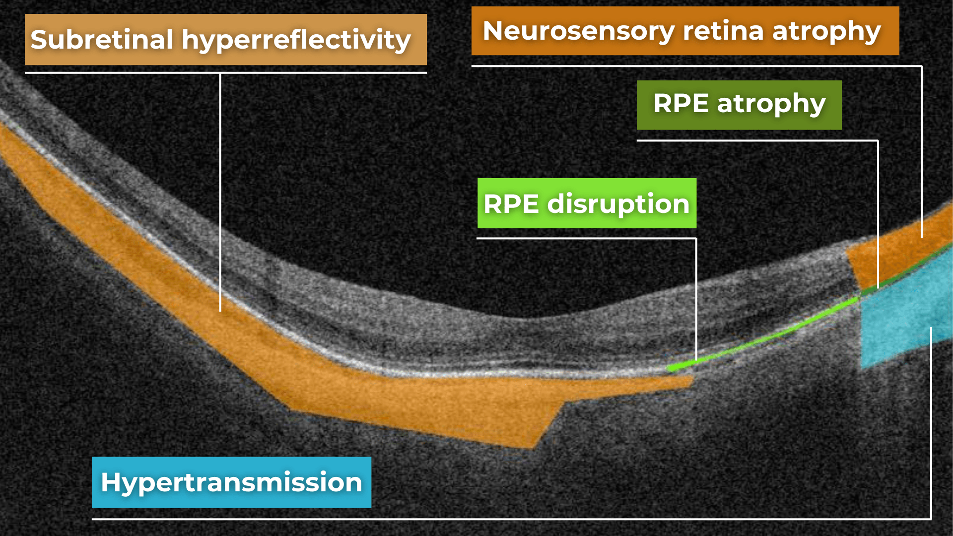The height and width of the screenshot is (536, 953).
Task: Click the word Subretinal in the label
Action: click(x=102, y=40)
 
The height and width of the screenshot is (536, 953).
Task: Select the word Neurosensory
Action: click(x=578, y=31)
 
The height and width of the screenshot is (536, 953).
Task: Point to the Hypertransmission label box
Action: click(x=231, y=482)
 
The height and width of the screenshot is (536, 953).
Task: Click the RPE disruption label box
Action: click(x=587, y=203)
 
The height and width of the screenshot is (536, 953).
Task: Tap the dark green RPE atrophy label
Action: click(x=739, y=105)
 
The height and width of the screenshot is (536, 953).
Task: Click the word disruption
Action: click(x=618, y=204)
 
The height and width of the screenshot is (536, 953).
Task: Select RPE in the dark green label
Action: click(x=681, y=104)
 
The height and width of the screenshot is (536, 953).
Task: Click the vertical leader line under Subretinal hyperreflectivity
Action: click(x=220, y=199)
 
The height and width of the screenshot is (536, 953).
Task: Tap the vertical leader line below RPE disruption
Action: click(x=696, y=298)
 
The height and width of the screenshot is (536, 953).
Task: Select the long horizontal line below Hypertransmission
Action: click(x=496, y=519)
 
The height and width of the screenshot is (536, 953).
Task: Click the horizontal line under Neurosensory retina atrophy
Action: click(x=695, y=66)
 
